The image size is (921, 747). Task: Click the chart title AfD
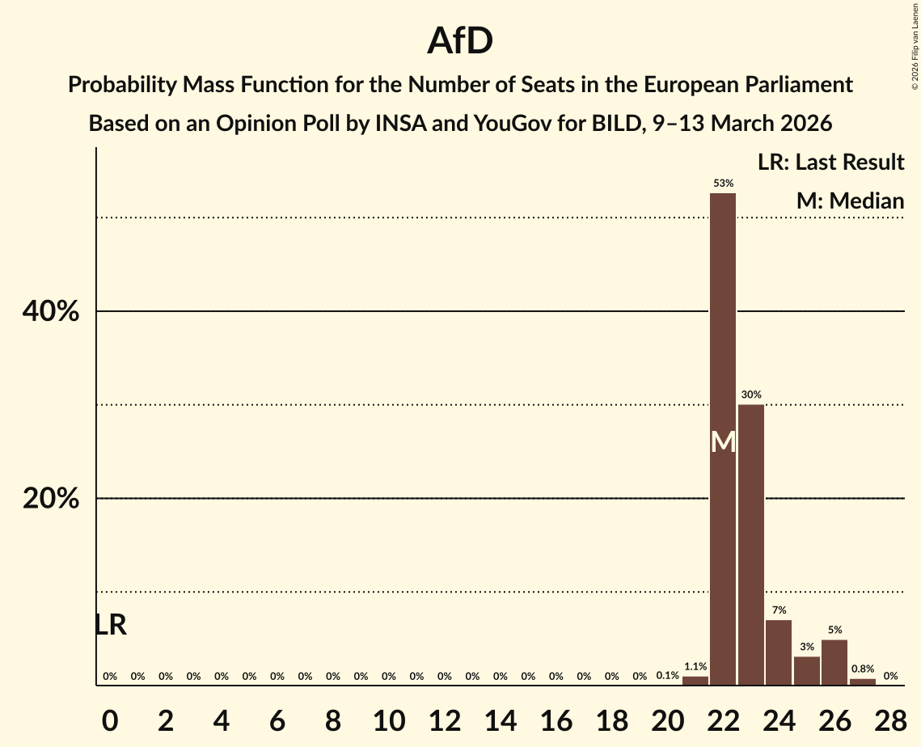[x=460, y=40]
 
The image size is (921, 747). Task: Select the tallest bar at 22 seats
[x=723, y=438]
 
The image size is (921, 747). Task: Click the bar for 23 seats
[x=751, y=544]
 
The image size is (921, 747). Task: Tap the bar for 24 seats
[x=779, y=652]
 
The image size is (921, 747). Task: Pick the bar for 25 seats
[x=807, y=670]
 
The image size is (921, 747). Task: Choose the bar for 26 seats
[x=834, y=662]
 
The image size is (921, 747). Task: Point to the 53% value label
[x=723, y=184]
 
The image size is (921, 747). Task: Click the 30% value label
[x=751, y=395]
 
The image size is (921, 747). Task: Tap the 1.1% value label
[x=695, y=667]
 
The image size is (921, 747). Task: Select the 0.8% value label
[x=862, y=669]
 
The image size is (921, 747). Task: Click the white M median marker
[x=723, y=441]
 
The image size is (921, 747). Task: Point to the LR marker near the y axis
[x=110, y=625]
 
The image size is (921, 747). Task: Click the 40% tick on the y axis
[x=51, y=312]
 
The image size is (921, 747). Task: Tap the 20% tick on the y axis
[x=51, y=499]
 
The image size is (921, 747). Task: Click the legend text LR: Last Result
[x=830, y=162]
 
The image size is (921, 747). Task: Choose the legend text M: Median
[x=850, y=200]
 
